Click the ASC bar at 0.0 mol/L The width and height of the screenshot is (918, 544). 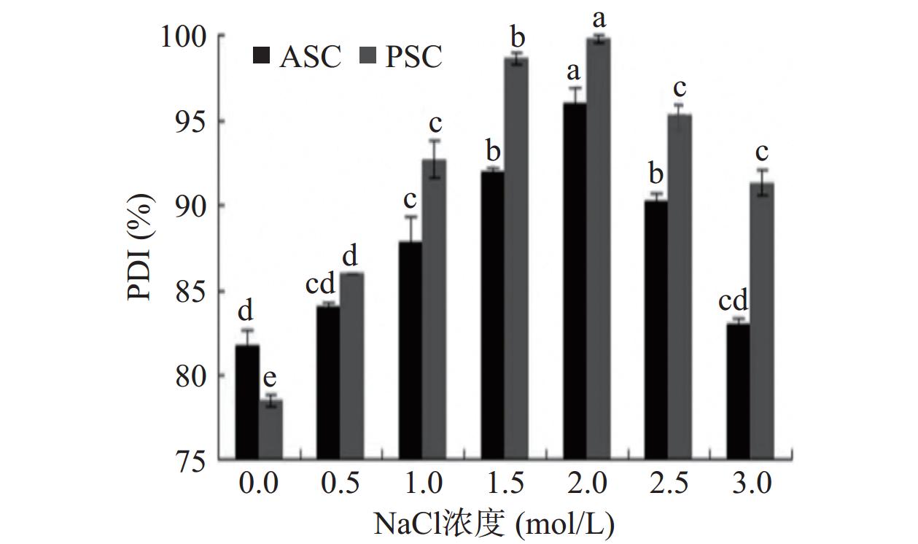pyautogui.click(x=247, y=403)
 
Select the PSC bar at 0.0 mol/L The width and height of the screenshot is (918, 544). pyautogui.click(x=271, y=430)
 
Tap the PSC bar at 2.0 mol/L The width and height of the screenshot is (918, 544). pyautogui.click(x=599, y=249)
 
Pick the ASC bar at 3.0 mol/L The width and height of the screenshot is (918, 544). pyautogui.click(x=738, y=392)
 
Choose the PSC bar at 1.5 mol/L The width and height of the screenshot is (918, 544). pyautogui.click(x=516, y=259)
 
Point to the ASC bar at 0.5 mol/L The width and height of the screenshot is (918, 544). pyautogui.click(x=329, y=383)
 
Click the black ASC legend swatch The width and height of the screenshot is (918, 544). pyautogui.click(x=261, y=56)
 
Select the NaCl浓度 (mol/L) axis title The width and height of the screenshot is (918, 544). pyautogui.click(x=494, y=523)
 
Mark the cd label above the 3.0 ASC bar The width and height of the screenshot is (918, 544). pyautogui.click(x=733, y=300)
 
